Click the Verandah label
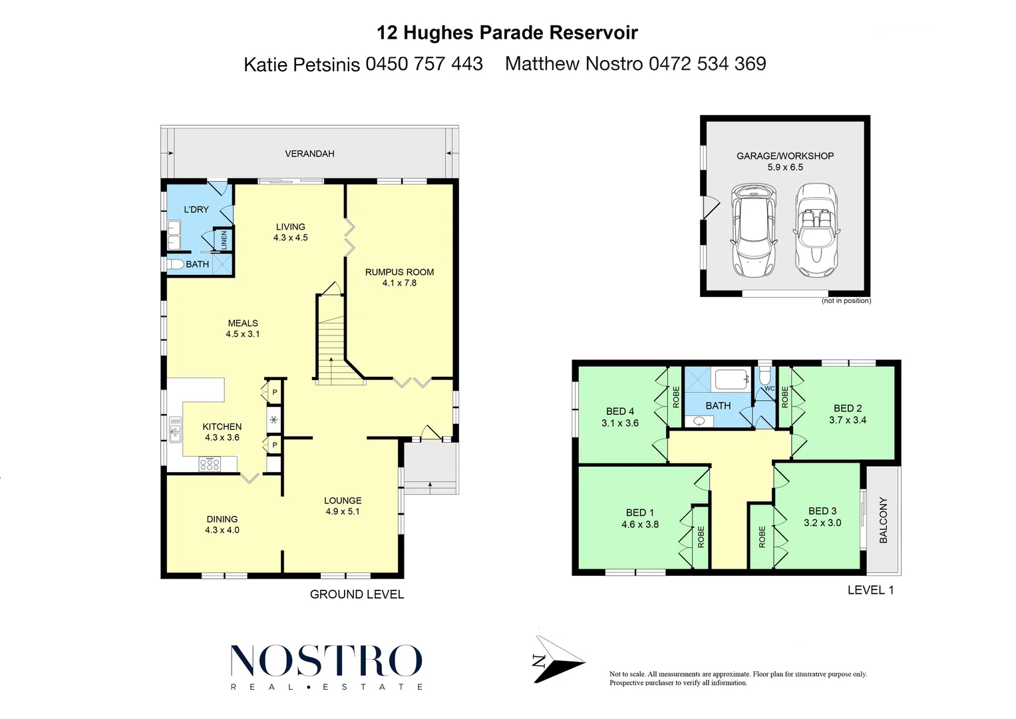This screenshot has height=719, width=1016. click(x=309, y=154)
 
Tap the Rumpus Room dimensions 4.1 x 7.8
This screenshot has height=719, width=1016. click(x=399, y=283)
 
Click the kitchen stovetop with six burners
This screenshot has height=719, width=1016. click(x=210, y=464)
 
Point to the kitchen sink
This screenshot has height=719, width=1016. click(x=175, y=429)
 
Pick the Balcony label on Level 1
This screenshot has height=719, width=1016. click(x=884, y=520)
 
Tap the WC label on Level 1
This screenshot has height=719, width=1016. click(x=769, y=389)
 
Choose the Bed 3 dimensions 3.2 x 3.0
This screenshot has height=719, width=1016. click(x=822, y=523)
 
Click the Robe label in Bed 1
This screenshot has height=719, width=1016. click(x=701, y=537)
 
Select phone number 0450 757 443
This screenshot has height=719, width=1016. click(x=424, y=64)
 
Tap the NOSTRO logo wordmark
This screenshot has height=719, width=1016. click(x=326, y=661)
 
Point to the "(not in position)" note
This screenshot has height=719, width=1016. click(x=846, y=301)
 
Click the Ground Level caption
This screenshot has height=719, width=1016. click(x=357, y=595)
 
